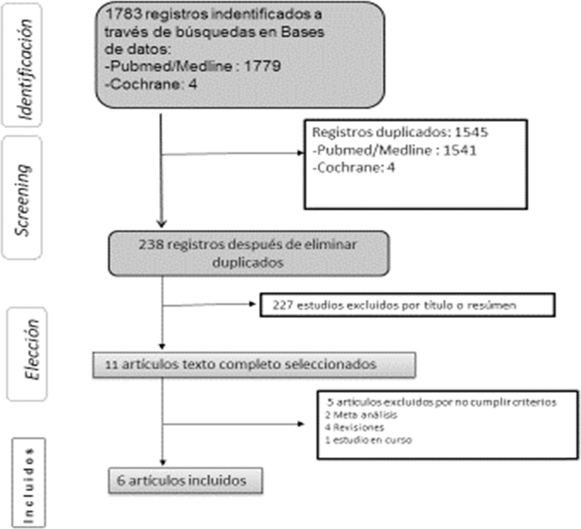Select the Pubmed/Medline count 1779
[262, 66]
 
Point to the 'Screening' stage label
[23, 200]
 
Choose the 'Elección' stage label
[32, 349]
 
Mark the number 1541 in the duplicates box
[459, 150]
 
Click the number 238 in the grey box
[151, 244]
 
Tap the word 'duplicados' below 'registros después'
[248, 263]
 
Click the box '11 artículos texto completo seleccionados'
[254, 365]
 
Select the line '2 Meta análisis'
[361, 415]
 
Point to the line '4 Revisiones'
[354, 427]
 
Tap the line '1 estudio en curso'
[368, 440]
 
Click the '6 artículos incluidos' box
[185, 481]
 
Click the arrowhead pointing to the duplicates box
[301, 153]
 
